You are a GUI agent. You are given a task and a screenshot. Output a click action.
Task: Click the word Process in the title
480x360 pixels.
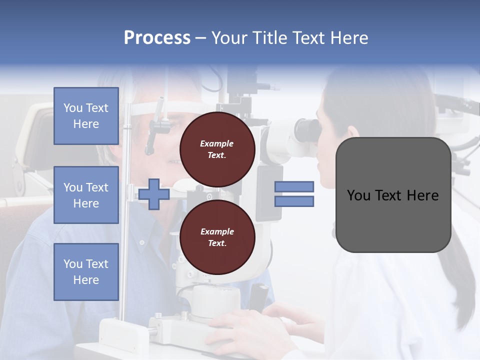tap(157, 38)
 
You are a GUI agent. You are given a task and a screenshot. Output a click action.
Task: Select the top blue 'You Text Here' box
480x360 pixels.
tap(86, 116)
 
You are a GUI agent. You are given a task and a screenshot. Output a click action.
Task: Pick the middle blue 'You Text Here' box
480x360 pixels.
tap(86, 195)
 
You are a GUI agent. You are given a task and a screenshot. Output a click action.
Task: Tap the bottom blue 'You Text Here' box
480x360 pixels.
tap(86, 271)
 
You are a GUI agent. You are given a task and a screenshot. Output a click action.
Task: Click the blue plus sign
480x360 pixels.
tap(154, 194)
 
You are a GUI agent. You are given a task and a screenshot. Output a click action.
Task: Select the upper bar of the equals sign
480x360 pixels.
tap(294, 186)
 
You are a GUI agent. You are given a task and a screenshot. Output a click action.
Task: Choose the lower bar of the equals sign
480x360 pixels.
tap(294, 201)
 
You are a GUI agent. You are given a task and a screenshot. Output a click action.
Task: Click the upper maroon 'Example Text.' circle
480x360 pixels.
tap(217, 149)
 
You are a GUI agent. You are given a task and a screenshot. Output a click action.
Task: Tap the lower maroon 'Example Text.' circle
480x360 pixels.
tap(217, 237)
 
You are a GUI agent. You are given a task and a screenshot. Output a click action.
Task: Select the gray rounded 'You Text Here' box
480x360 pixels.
tap(393, 195)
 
